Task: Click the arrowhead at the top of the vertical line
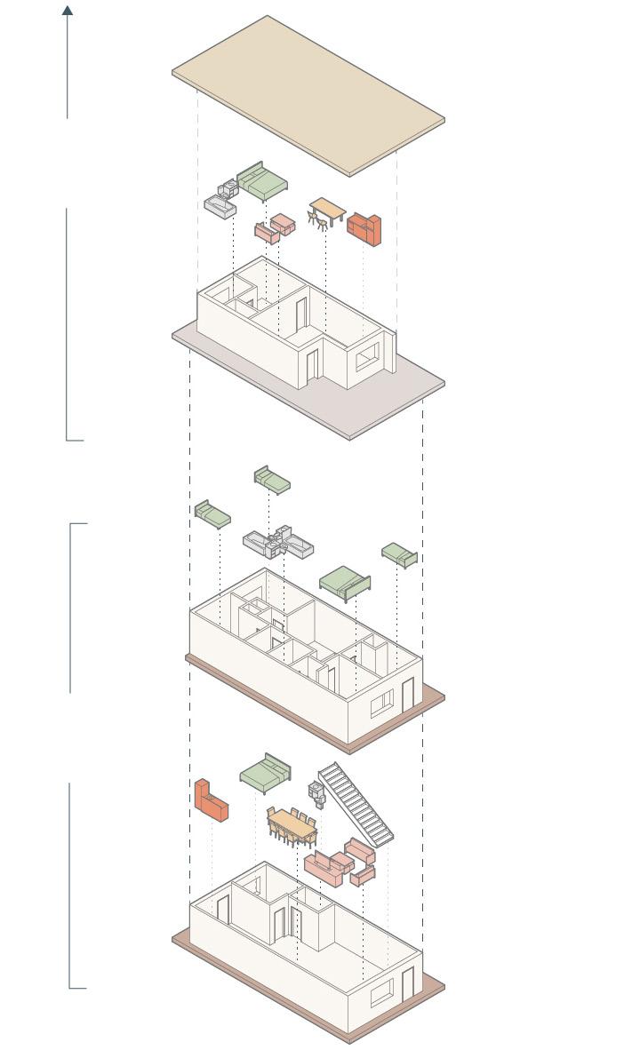point(68,11)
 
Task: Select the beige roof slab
point(308,93)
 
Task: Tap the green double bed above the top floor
point(263,182)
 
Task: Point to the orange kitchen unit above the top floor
point(364,228)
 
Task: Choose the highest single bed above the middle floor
point(272,480)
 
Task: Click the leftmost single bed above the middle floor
point(212,513)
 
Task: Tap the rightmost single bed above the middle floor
point(400,555)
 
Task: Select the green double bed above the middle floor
point(345,582)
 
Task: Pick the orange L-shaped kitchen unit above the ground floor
point(211,800)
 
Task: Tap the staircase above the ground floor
point(356,803)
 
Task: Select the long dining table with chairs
point(292,824)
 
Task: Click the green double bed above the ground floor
point(266,774)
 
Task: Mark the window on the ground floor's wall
point(381,992)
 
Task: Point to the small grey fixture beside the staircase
point(316,790)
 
